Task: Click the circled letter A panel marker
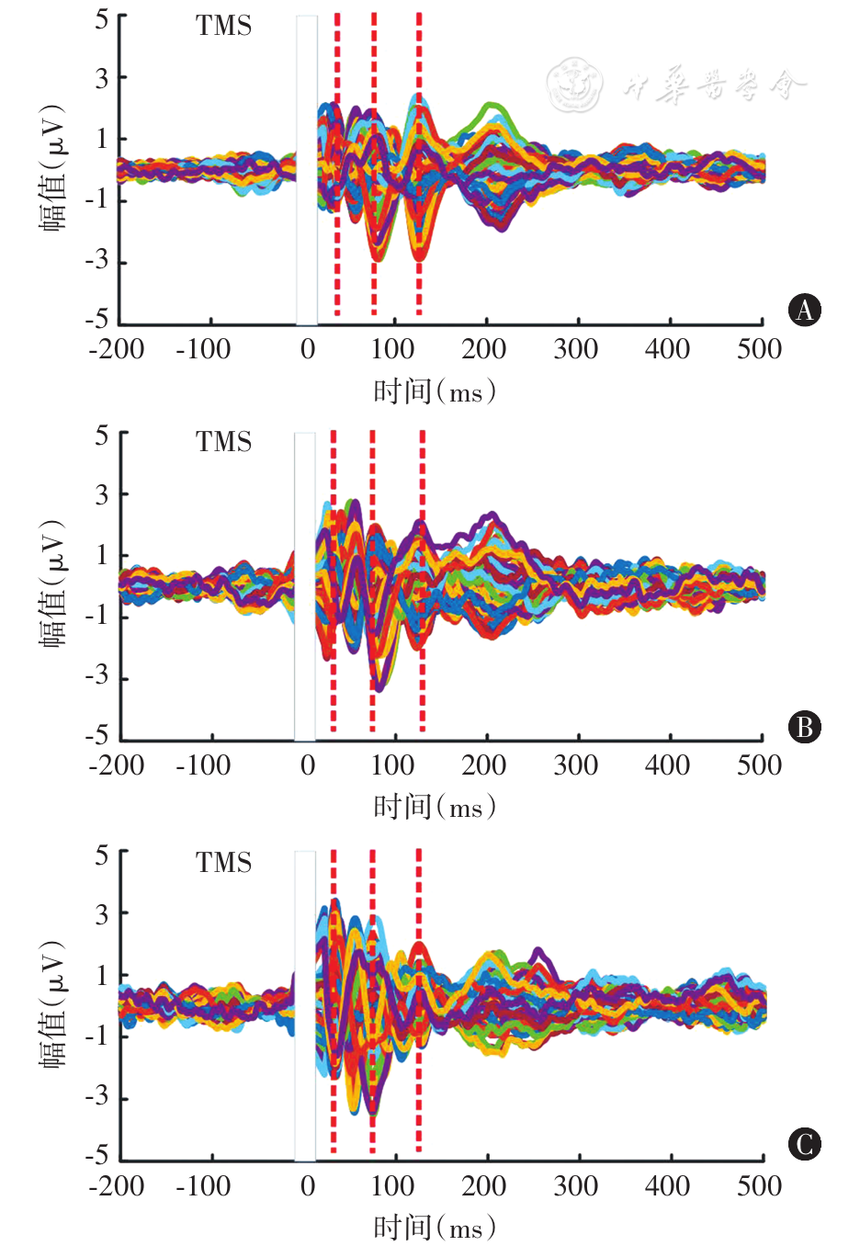coord(805,311)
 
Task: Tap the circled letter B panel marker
coord(805,728)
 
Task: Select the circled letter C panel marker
coord(805,1144)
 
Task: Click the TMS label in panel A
coord(223,26)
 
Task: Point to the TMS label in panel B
coord(223,442)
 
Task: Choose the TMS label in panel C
coord(223,863)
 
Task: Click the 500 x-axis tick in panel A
coord(759,349)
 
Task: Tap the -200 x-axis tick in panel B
coord(117,765)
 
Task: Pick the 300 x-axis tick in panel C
coord(576,1185)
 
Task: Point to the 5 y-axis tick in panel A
coord(102,18)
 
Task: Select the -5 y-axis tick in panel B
coord(96,736)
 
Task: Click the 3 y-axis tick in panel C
coord(102,914)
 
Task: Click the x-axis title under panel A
coord(435,392)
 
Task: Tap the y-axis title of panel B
coord(53,583)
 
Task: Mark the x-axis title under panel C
coord(435,1228)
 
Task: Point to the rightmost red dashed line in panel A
coord(419,165)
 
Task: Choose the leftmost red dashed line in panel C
coord(334,1002)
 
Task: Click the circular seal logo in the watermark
coord(574,85)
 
